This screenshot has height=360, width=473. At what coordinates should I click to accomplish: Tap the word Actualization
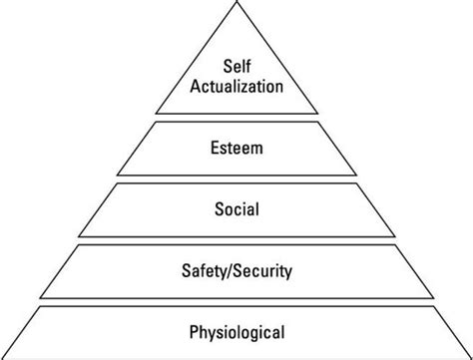[x=236, y=87]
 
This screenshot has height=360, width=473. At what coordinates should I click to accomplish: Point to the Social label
[x=236, y=211]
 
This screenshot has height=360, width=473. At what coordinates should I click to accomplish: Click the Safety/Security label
[x=236, y=269]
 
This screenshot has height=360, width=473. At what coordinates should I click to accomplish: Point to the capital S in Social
[x=218, y=211]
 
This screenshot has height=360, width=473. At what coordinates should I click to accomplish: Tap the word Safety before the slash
[x=209, y=269]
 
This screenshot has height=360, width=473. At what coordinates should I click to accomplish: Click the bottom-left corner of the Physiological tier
[x=2, y=356]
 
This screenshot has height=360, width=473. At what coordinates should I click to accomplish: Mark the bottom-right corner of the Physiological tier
[x=471, y=356]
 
